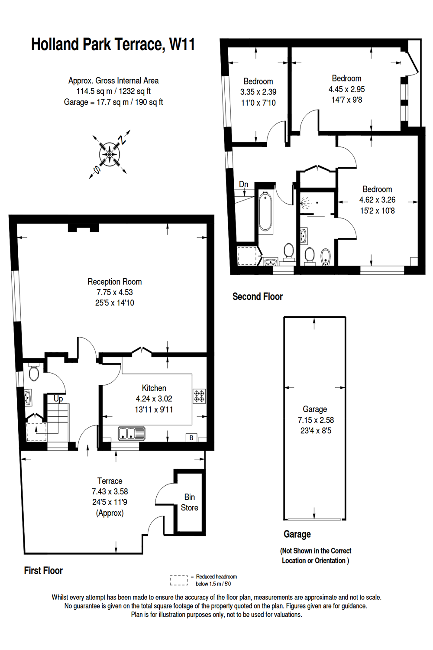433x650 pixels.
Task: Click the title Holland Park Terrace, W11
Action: pyautogui.click(x=113, y=45)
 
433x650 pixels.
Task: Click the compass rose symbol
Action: pyautogui.click(x=110, y=154)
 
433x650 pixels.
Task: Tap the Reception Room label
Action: pyautogui.click(x=114, y=282)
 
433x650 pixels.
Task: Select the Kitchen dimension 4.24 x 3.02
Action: pyautogui.click(x=154, y=399)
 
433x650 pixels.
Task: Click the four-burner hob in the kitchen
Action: pyautogui.click(x=199, y=396)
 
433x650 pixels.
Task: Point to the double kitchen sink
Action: pyautogui.click(x=131, y=433)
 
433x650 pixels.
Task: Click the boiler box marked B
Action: pyautogui.click(x=191, y=438)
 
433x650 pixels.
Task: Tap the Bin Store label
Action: pyautogui.click(x=190, y=502)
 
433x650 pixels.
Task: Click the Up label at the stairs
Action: pyautogui.click(x=58, y=399)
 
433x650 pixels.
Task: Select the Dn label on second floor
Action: pyautogui.click(x=244, y=185)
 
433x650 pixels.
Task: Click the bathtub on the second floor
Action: pyautogui.click(x=265, y=212)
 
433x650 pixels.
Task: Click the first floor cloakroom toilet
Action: pyautogui.click(x=34, y=373)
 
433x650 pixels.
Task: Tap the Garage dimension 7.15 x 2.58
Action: pyautogui.click(x=316, y=420)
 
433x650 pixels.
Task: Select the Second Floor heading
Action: pyautogui.click(x=257, y=297)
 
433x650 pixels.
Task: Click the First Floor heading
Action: pyautogui.click(x=43, y=571)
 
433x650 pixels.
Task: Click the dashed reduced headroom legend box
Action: pyautogui.click(x=179, y=580)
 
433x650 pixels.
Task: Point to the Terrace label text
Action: pyautogui.click(x=110, y=481)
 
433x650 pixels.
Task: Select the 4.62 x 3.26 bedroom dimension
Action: pyautogui.click(x=377, y=200)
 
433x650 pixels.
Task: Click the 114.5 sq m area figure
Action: pyautogui.click(x=94, y=91)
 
